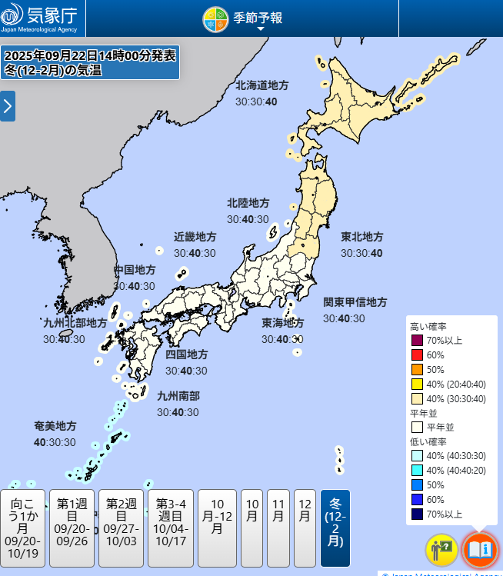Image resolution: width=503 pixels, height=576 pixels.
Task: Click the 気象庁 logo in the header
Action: (x=42, y=18)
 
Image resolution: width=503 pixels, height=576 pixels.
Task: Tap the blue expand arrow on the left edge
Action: (x=8, y=106)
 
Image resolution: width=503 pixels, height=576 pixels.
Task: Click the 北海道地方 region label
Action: (x=262, y=85)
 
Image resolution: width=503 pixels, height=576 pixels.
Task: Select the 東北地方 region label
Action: (x=362, y=237)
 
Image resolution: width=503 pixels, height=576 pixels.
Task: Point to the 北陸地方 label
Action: (x=248, y=203)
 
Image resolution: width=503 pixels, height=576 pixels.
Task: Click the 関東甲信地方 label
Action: (x=355, y=301)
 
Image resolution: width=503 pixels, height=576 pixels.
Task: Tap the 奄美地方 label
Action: (x=55, y=426)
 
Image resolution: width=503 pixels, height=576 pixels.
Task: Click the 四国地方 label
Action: (x=186, y=355)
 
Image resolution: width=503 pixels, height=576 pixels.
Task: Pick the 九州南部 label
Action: (x=178, y=396)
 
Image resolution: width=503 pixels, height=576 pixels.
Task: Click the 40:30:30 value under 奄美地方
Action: (x=55, y=442)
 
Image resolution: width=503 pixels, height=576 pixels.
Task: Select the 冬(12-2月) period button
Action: (x=335, y=528)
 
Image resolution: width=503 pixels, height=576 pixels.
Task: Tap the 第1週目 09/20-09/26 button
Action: (x=72, y=528)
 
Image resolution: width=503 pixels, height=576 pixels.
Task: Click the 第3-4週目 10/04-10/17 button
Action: (x=170, y=528)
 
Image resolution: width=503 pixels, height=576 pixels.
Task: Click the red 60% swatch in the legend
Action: (x=417, y=355)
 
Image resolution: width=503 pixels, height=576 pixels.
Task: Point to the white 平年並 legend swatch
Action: (x=417, y=427)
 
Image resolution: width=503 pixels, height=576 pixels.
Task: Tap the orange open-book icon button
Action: (x=480, y=550)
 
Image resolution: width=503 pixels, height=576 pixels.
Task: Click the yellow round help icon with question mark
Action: (x=441, y=550)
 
